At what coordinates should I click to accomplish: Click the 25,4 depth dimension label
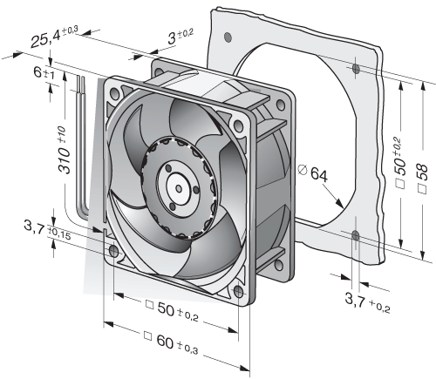[55, 37]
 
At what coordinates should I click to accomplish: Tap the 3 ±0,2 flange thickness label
[181, 37]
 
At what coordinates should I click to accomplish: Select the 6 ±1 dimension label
[44, 72]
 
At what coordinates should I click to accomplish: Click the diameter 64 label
[313, 173]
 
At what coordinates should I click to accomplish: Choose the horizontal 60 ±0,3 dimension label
[171, 343]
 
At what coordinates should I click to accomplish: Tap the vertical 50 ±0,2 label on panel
[400, 163]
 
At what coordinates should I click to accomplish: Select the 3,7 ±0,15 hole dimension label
[47, 229]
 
